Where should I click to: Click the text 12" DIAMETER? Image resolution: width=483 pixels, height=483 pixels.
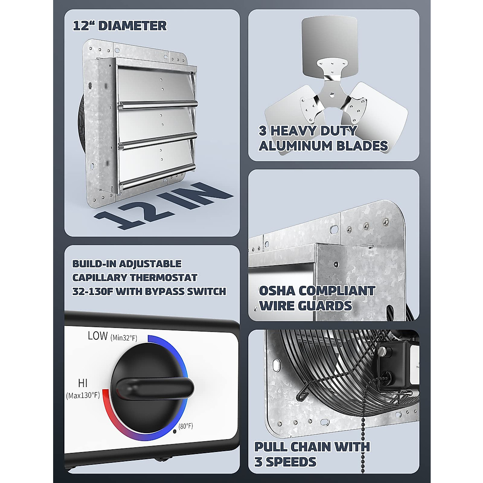click(120, 26)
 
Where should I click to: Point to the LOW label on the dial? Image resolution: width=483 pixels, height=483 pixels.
click(98, 336)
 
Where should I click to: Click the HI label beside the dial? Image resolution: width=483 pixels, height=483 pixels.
click(83, 383)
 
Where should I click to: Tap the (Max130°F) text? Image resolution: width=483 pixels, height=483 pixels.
click(83, 395)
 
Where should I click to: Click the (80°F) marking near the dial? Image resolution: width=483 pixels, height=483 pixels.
click(186, 426)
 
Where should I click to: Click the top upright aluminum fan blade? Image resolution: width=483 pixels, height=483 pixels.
click(329, 40)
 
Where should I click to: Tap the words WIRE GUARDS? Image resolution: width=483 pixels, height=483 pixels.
click(305, 305)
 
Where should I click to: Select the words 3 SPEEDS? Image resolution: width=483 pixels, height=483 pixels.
click(285, 462)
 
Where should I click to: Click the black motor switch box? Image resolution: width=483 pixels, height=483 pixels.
click(396, 364)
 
